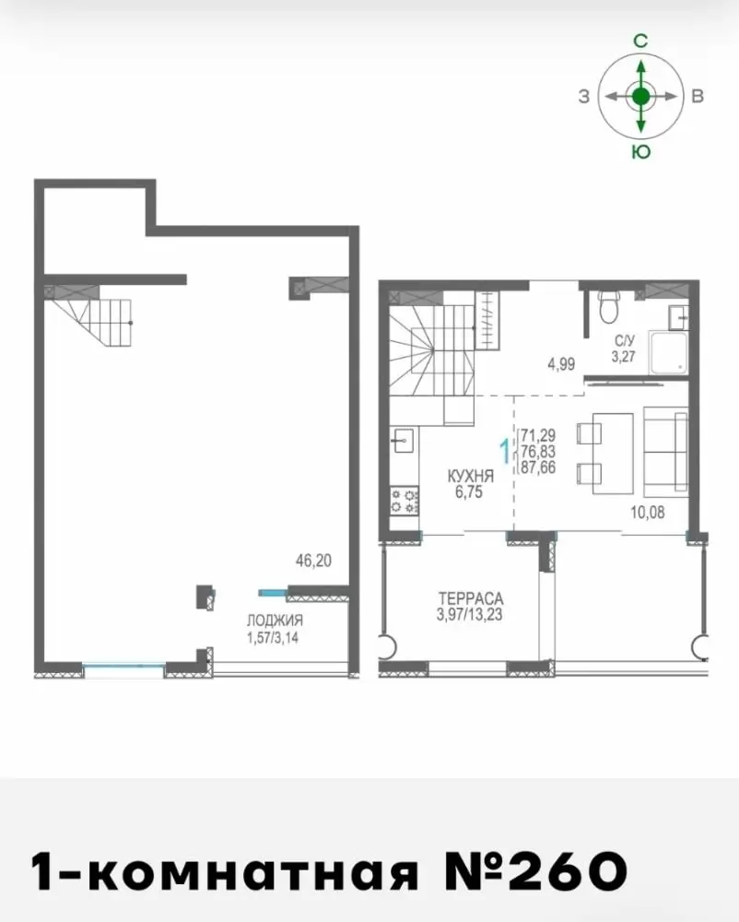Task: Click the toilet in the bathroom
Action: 608,306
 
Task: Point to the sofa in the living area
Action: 665,452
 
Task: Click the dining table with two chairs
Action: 606,453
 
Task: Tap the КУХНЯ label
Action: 470,476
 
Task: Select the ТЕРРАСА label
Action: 471,598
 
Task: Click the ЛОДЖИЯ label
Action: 275,621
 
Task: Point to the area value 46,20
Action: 313,561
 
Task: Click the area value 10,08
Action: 648,512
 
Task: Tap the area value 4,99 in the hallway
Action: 561,364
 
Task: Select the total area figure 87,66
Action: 538,467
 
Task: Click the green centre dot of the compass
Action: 641,96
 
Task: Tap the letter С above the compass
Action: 640,41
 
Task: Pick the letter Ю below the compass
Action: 641,152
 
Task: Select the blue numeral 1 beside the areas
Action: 504,452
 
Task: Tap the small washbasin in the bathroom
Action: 679,317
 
